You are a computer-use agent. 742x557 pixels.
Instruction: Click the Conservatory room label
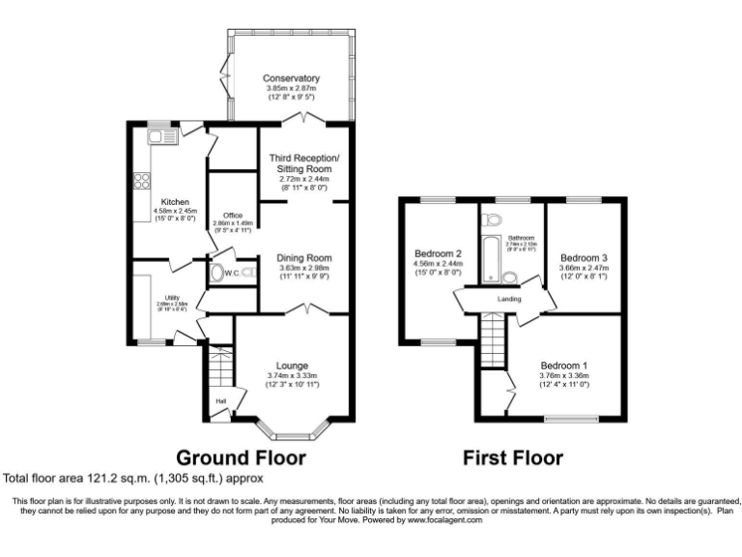[x=291, y=78]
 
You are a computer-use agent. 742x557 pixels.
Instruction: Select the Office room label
[x=232, y=215]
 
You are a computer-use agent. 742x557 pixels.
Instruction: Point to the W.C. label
[x=231, y=274]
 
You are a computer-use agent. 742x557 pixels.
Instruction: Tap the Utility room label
[x=173, y=298]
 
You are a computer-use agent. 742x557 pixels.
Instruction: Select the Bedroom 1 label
[x=564, y=366]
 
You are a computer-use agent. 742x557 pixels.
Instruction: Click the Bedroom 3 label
[x=584, y=257]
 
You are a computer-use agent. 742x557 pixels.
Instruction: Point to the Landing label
[x=509, y=299]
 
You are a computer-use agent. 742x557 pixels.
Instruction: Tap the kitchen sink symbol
[x=159, y=137]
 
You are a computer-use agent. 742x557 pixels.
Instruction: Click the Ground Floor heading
[x=241, y=456]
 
